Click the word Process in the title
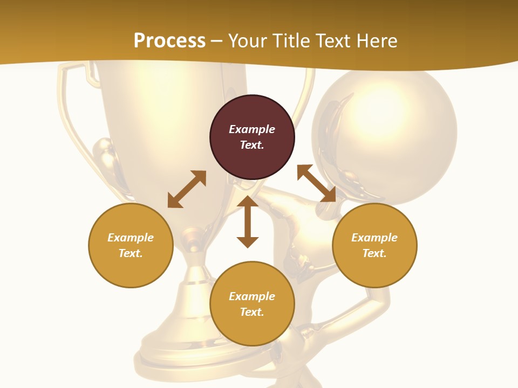coord(169,41)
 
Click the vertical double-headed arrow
coord(248,221)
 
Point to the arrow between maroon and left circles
coord(187,189)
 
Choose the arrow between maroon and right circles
coord(316,183)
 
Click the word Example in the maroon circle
coord(252,129)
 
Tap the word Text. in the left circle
coord(131,253)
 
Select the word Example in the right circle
coord(374,238)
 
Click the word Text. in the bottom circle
coord(252,312)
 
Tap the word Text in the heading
coord(331,41)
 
